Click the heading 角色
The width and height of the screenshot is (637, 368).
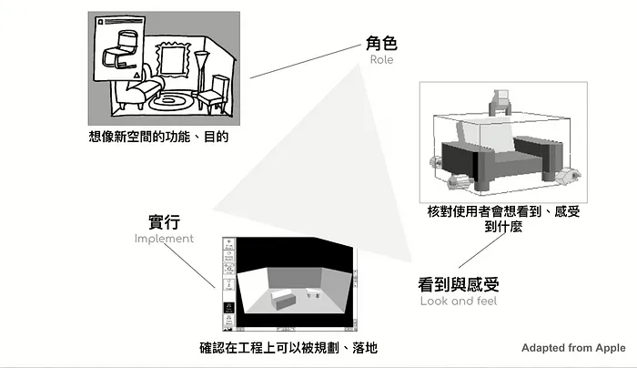click(x=382, y=42)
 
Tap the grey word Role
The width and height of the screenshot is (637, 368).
click(x=382, y=60)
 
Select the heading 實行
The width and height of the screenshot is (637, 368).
click(x=165, y=221)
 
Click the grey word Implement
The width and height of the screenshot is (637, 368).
click(x=165, y=239)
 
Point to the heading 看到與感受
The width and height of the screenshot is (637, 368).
click(x=459, y=283)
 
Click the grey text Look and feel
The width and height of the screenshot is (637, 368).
click(x=459, y=301)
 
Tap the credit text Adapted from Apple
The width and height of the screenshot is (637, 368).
click(x=573, y=348)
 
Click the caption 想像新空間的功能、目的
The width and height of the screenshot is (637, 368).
click(x=157, y=137)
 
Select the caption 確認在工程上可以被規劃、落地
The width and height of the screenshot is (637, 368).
click(x=288, y=347)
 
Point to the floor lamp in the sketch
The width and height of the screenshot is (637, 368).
click(x=202, y=77)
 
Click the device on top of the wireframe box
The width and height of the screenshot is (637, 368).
click(x=499, y=100)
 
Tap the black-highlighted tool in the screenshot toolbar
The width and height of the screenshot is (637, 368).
click(x=228, y=309)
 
